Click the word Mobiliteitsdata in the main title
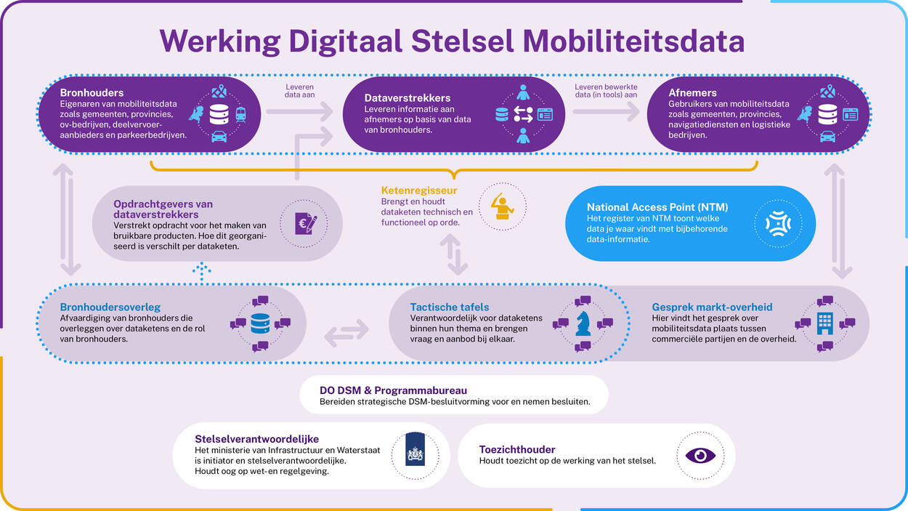[633, 41]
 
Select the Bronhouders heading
[92, 92]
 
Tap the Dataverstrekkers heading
[407, 97]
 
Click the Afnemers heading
[692, 92]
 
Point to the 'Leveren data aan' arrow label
[299, 91]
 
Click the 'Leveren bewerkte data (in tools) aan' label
[606, 91]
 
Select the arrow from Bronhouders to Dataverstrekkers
[299, 111]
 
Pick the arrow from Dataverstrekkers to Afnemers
[606, 111]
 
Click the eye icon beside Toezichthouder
[700, 456]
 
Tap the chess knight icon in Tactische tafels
[583, 323]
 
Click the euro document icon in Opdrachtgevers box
[306, 223]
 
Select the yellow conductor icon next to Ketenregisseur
[502, 206]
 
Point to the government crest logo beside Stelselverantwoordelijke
[415, 449]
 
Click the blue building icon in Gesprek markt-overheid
[825, 323]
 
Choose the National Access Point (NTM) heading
[657, 207]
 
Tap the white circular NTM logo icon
[778, 223]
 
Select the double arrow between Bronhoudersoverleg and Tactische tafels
[346, 334]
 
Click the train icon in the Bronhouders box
[240, 114]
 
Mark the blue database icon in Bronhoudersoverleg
[260, 323]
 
